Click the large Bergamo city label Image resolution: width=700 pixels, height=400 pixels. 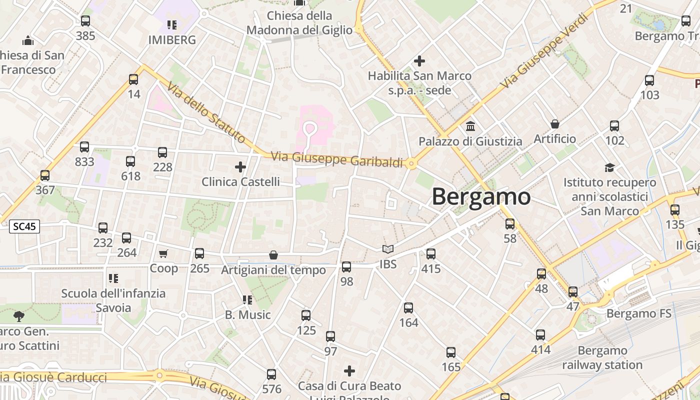481,196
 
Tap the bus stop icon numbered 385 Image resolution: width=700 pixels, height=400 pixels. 85,21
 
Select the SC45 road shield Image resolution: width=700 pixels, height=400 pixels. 24,226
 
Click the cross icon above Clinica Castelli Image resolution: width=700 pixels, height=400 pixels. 240,166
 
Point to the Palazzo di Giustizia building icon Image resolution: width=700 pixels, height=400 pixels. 470,126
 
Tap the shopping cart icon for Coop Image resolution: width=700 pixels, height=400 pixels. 163,254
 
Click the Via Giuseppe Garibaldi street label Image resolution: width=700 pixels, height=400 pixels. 336,159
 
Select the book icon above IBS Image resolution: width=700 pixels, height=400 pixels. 388,249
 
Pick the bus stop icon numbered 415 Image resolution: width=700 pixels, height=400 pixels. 431,254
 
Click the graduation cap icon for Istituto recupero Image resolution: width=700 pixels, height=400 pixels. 609,167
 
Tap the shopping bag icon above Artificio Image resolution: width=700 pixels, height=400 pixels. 554,124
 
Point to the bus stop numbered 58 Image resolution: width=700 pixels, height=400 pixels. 510,224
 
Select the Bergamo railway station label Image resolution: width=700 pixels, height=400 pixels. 602,357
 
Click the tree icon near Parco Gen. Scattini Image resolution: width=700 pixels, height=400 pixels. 19,316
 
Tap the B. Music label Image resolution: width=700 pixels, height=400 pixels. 247,314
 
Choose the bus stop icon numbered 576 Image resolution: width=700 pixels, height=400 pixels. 271,374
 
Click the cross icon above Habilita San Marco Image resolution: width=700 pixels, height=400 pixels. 419,61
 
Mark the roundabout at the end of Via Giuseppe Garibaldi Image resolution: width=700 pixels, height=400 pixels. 411,163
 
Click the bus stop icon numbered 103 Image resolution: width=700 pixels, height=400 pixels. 649,80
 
